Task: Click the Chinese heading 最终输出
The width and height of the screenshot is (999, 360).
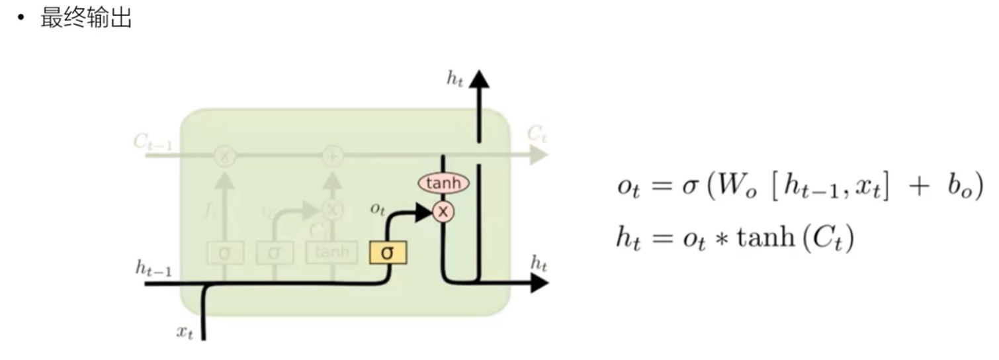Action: pos(86,18)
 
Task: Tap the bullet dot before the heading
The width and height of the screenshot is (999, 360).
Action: pos(22,19)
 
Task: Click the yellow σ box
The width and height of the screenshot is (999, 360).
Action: pos(388,252)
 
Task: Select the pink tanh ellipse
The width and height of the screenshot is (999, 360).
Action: pos(443,183)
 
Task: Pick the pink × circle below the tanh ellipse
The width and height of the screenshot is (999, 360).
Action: pos(443,212)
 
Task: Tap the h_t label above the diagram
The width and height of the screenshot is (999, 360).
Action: pos(455,79)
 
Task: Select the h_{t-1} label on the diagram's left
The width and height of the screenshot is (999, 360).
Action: pos(153,267)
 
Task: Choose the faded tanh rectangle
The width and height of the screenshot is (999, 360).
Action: pos(331,252)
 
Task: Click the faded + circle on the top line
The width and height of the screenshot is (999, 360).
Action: pos(331,156)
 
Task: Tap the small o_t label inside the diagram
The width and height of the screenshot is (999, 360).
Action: pos(378,208)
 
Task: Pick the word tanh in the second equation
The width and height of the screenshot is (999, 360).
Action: pos(750,237)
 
